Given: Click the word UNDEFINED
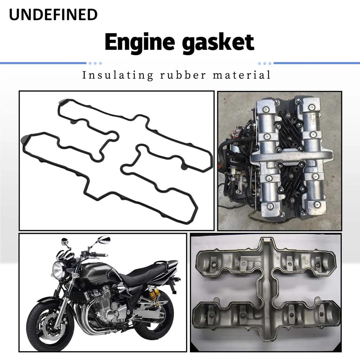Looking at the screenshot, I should (53, 15).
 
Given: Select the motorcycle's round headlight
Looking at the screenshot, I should (58, 270).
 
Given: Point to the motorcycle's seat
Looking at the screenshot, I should (148, 272).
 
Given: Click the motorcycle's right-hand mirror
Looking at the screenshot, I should (104, 240).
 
